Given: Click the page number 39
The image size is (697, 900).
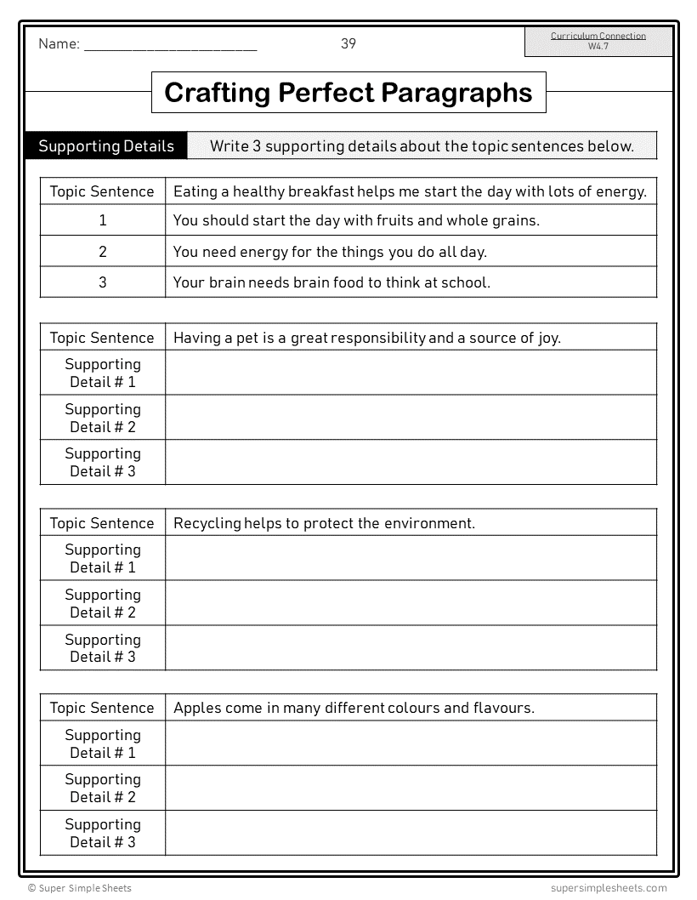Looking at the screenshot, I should point(348,43).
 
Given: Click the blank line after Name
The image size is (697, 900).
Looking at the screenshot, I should point(170,48).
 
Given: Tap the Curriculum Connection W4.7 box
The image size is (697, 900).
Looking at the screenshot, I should point(598,41).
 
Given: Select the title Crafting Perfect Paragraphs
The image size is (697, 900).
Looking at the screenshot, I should point(348,93).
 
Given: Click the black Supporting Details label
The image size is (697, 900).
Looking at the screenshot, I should point(106,146).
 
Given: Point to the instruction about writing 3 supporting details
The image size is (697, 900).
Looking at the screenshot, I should point(422,146).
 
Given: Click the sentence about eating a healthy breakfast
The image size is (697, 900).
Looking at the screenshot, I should point(410,191).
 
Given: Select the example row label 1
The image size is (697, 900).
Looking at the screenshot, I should point(103,220).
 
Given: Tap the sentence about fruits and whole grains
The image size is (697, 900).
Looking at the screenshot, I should point(356,220).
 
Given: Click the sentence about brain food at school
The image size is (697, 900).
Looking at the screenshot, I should point(331,282).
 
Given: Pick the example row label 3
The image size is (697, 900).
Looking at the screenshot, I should point(103,282).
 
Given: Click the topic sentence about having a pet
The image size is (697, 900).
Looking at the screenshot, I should point(366,338).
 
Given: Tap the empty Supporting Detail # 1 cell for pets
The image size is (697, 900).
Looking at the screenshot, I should point(411,373).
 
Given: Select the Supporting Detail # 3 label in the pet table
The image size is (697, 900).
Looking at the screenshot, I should point(103,462).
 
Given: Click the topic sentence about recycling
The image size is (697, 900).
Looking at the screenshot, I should point(324,523).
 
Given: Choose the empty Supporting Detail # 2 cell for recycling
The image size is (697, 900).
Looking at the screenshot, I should point(411,603).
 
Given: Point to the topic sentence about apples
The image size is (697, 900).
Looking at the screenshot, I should point(354,708).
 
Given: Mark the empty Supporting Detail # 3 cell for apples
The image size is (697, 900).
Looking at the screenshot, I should point(411,833).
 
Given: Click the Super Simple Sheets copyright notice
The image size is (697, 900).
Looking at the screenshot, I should point(80,888).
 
